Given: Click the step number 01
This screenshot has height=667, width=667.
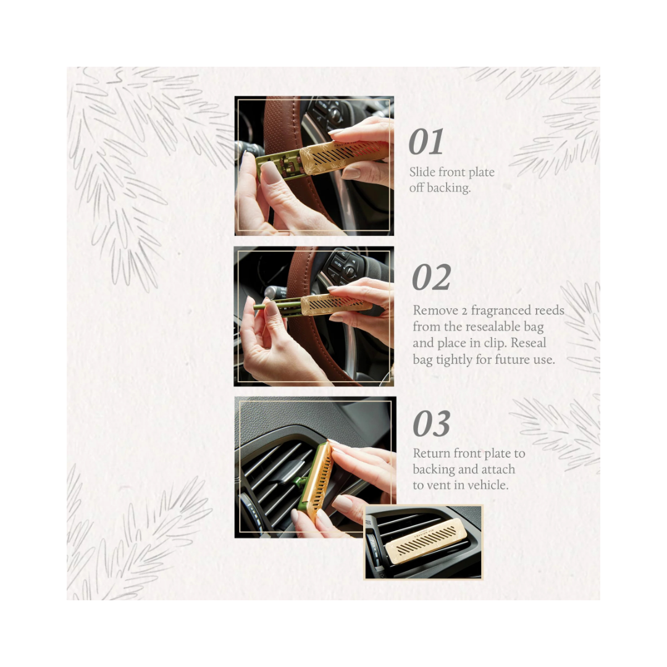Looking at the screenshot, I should coord(426,143).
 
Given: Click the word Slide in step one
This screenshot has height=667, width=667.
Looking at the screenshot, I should coord(422,172).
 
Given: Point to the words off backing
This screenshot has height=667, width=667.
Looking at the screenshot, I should coord(440,188).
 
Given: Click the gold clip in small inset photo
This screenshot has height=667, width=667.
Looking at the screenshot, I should coord(424,540).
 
